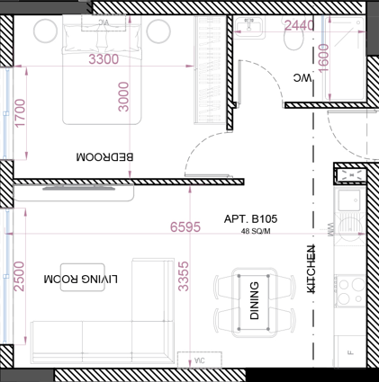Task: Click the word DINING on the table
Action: (254, 302)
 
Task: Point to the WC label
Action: (305, 79)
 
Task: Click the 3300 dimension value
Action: (104, 60)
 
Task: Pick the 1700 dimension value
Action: (21, 115)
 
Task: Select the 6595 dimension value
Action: (186, 227)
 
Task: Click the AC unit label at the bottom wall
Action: (199, 360)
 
